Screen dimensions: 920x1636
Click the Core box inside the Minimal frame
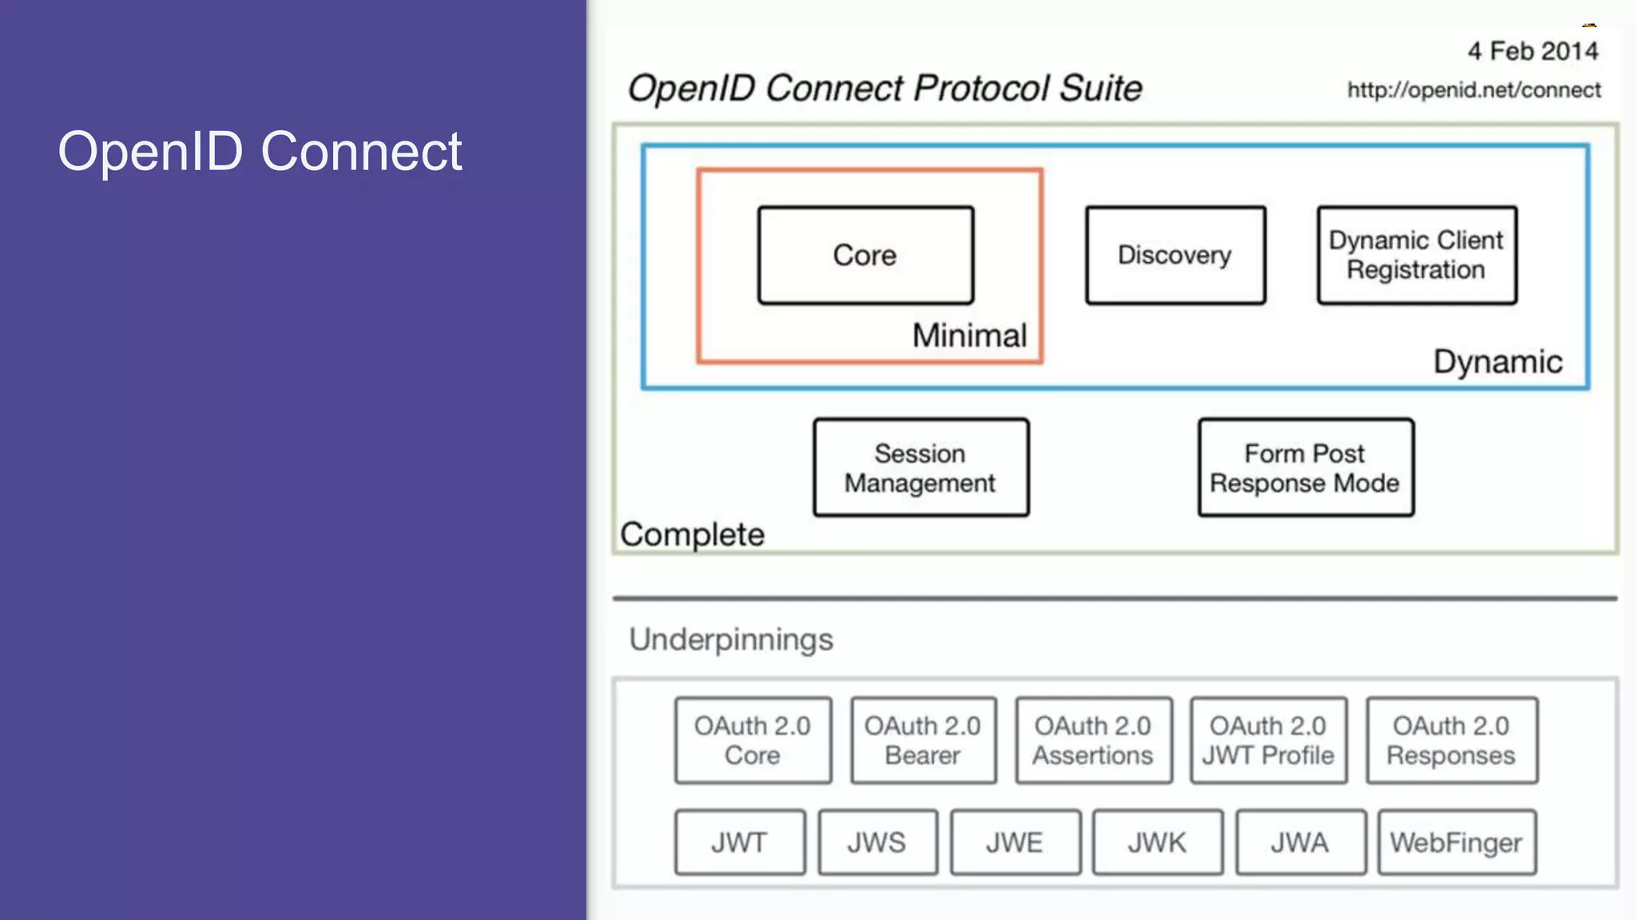[x=865, y=256]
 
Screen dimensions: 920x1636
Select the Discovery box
[x=1175, y=256]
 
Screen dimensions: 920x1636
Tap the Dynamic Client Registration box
[x=1416, y=256]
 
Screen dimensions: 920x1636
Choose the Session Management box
[x=920, y=468]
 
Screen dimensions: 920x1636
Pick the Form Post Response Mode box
[x=1305, y=468]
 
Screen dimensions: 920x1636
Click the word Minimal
[x=969, y=335]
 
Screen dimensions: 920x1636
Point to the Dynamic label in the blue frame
[x=1497, y=362]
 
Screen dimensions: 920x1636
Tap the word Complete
[x=692, y=534]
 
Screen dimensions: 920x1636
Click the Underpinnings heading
[x=730, y=640]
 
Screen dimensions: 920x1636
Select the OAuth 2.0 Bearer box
[x=923, y=740]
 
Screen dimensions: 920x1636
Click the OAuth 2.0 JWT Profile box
[x=1268, y=740]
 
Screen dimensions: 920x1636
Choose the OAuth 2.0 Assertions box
[x=1093, y=740]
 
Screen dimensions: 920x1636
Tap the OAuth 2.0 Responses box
[x=1451, y=740]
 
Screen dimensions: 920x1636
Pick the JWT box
[x=739, y=843]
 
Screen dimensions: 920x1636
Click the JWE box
[x=1015, y=843]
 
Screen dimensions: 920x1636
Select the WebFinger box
[x=1456, y=843]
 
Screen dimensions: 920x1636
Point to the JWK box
[x=1157, y=843]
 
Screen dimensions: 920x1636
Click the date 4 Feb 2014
[x=1532, y=51]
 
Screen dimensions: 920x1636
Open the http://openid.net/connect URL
[x=1474, y=90]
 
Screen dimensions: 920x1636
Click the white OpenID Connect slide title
[x=260, y=151]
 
